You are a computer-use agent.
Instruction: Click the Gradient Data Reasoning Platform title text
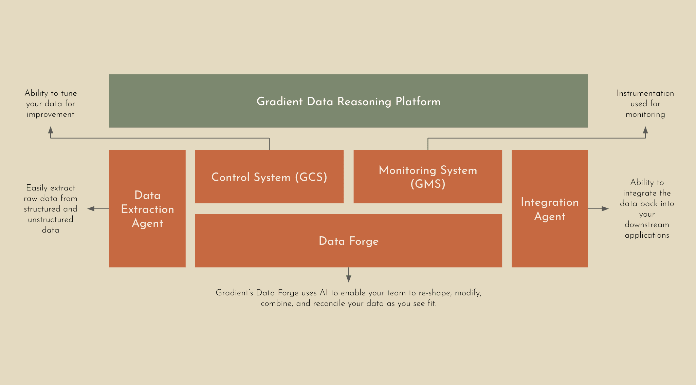click(x=348, y=102)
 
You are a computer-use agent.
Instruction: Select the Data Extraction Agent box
click(x=147, y=209)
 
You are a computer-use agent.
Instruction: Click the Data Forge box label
click(x=348, y=241)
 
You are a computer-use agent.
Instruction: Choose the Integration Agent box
click(x=549, y=209)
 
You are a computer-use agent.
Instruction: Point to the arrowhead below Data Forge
click(x=348, y=279)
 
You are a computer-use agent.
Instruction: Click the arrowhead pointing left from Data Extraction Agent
click(x=91, y=209)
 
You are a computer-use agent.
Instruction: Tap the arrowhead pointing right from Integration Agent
click(x=605, y=209)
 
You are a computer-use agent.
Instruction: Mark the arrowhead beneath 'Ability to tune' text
click(x=51, y=130)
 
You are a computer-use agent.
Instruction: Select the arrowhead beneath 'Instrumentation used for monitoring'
click(x=645, y=130)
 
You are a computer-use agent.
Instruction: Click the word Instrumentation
click(x=645, y=93)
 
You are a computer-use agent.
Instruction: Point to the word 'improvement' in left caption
click(x=51, y=114)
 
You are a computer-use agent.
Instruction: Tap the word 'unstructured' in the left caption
click(x=51, y=220)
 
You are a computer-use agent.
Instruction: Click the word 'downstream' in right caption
click(x=647, y=225)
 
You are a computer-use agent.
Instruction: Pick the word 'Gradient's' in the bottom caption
click(x=234, y=293)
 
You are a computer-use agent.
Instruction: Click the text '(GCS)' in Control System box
click(x=311, y=177)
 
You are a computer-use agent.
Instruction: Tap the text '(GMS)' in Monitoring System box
click(x=428, y=184)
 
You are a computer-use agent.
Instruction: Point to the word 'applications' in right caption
click(x=647, y=235)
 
